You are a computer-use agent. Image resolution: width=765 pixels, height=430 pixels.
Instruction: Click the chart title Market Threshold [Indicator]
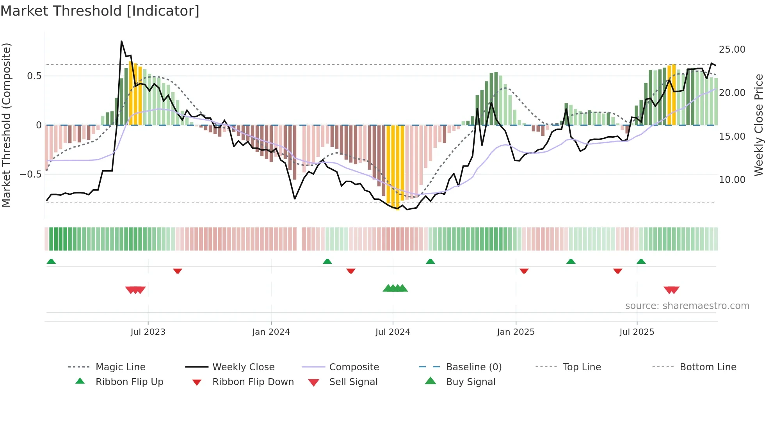pyautogui.click(x=100, y=11)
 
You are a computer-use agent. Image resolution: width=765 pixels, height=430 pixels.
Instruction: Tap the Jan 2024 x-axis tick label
pyautogui.click(x=271, y=332)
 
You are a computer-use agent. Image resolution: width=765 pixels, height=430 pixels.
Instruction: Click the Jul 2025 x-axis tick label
pyautogui.click(x=637, y=332)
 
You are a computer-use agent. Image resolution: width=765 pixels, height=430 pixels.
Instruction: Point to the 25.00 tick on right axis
pyautogui.click(x=732, y=50)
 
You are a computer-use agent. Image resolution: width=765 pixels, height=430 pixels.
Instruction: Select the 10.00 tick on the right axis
pyautogui.click(x=732, y=180)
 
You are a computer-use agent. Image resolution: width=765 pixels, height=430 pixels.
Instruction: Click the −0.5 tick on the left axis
pyautogui.click(x=31, y=174)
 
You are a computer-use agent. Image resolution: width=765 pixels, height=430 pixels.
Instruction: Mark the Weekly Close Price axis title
pyautogui.click(x=758, y=125)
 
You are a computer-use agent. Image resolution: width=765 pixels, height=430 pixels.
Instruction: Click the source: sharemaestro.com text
pyautogui.click(x=687, y=306)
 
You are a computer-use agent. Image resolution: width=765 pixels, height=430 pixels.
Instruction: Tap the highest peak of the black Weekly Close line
pyautogui.click(x=121, y=41)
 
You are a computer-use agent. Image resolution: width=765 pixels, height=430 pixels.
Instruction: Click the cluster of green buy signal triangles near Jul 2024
pyautogui.click(x=395, y=288)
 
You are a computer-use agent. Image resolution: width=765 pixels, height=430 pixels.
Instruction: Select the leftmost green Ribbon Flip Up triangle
pyautogui.click(x=51, y=261)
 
